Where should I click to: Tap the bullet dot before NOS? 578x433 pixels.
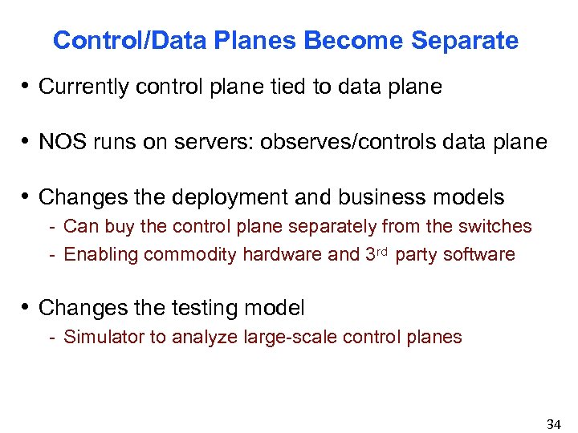pos(28,143)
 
